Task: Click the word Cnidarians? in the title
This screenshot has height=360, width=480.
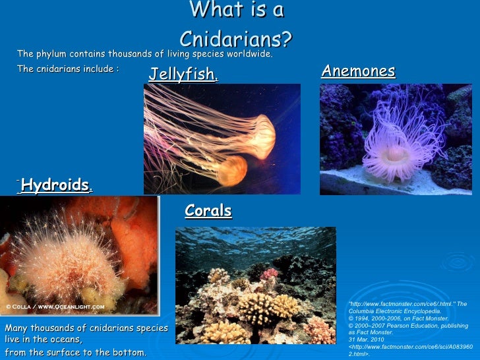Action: [x=235, y=39]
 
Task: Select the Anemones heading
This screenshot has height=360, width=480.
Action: [x=358, y=71]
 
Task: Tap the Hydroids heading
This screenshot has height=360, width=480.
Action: [x=55, y=184]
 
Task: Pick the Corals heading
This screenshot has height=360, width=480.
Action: [x=208, y=211]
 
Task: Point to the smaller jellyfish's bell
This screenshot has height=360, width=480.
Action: [x=230, y=169]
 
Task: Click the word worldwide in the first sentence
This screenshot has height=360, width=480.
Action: [x=245, y=54]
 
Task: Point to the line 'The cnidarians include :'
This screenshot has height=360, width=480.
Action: [x=67, y=69]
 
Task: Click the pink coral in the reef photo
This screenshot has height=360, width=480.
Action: [x=269, y=272]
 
